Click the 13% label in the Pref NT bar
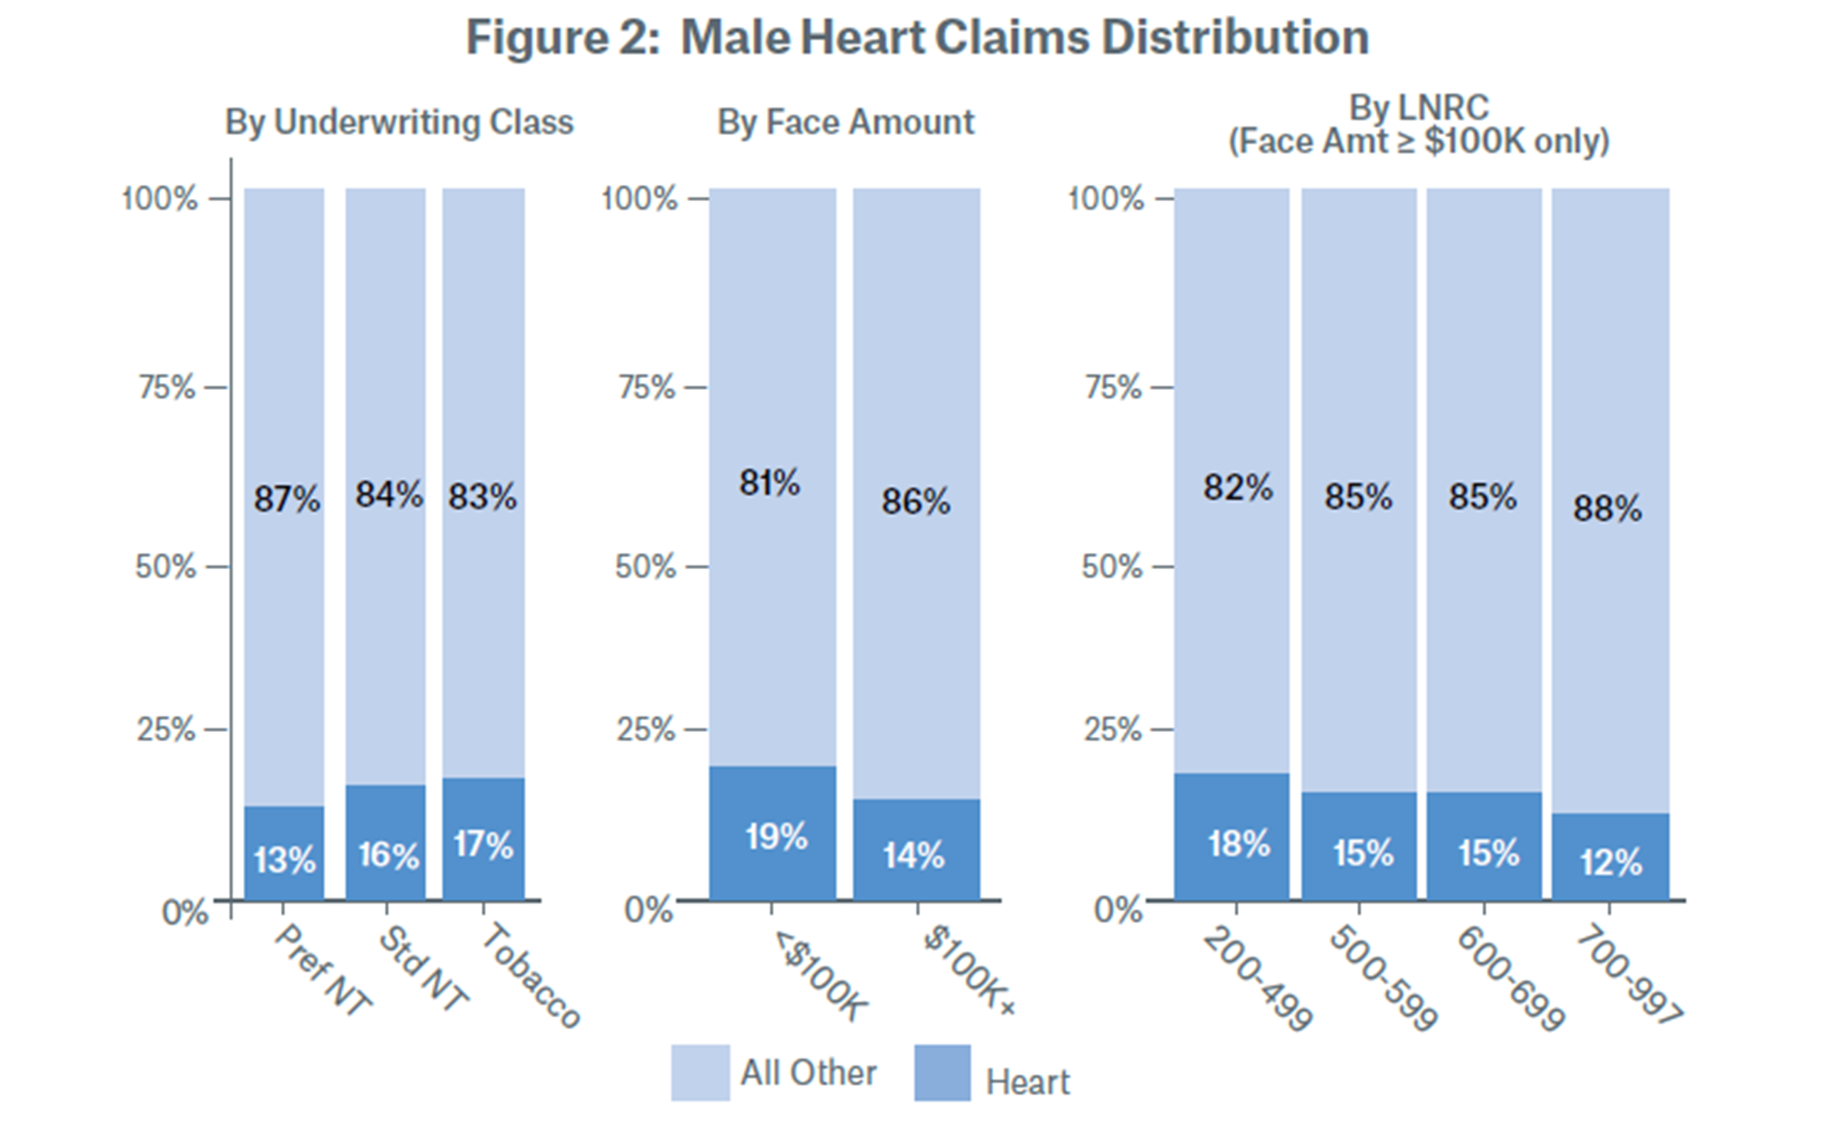(x=284, y=861)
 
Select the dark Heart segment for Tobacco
(x=483, y=839)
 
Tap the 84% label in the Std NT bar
(x=389, y=495)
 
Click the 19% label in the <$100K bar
(x=777, y=836)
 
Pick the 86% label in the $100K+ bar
(x=915, y=502)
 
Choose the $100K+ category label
(x=969, y=969)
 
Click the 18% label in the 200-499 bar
(x=1239, y=843)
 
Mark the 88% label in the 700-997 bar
(x=1607, y=509)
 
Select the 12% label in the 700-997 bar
(x=1611, y=863)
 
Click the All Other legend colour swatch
(x=700, y=1073)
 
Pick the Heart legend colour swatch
(x=942, y=1073)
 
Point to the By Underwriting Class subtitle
(x=399, y=122)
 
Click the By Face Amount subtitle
(x=846, y=122)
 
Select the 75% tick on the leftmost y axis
(x=167, y=388)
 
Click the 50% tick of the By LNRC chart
(x=1112, y=567)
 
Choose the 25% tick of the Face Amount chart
(x=645, y=729)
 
